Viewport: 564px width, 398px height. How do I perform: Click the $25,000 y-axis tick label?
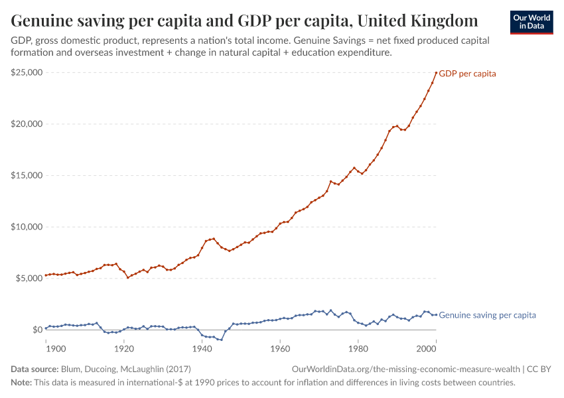27,72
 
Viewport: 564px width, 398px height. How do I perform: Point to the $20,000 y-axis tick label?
27,124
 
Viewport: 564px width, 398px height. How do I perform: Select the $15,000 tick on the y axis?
27,175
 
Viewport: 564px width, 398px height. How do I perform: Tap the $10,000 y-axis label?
27,227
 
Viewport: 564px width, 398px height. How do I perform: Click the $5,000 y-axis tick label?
29,278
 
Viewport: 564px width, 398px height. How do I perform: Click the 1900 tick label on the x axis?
55,348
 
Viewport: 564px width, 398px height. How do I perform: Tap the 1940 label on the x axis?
202,348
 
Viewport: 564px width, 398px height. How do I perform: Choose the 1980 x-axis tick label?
358,348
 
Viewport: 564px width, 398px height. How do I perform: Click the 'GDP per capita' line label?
467,74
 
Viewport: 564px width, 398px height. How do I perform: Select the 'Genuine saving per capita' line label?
487,316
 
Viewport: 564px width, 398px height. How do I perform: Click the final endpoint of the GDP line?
436,73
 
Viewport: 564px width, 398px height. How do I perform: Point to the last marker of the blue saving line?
436,314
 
